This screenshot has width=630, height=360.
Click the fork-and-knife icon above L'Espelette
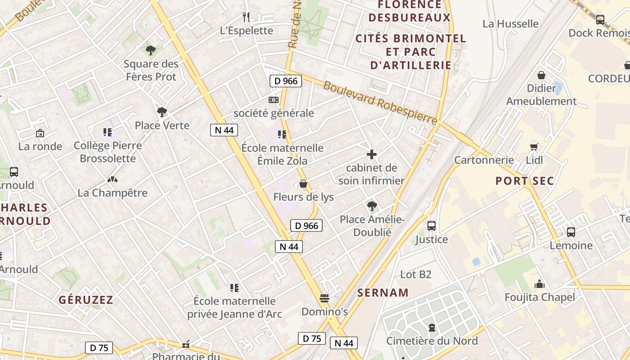pyautogui.click(x=246, y=17)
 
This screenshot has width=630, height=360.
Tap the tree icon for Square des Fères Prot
pyautogui.click(x=151, y=50)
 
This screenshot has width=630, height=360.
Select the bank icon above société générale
pyautogui.click(x=273, y=99)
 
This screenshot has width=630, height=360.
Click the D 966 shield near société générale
pyautogui.click(x=285, y=81)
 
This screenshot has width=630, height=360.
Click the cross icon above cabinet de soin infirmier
pyautogui.click(x=372, y=154)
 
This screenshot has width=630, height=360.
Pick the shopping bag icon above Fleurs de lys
pyautogui.click(x=303, y=184)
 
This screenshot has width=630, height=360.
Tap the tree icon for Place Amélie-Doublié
pyautogui.click(x=372, y=206)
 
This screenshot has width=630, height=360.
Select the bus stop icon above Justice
pyautogui.click(x=432, y=226)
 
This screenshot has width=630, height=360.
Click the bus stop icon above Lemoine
pyautogui.click(x=571, y=232)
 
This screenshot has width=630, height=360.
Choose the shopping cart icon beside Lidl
pyautogui.click(x=534, y=147)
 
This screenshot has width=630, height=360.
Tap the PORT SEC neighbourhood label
pyautogui.click(x=524, y=181)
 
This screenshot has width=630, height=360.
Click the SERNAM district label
pyautogui.click(x=383, y=293)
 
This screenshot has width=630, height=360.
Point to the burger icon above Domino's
pyautogui.click(x=324, y=298)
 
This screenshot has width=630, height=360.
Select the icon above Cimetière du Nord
pyautogui.click(x=432, y=328)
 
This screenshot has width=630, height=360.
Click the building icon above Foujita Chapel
pyautogui.click(x=539, y=284)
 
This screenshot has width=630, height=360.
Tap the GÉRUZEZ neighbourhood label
pyautogui.click(x=86, y=300)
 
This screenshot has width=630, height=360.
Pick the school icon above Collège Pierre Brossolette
pyautogui.click(x=107, y=132)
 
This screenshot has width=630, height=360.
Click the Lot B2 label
pyautogui.click(x=416, y=274)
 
